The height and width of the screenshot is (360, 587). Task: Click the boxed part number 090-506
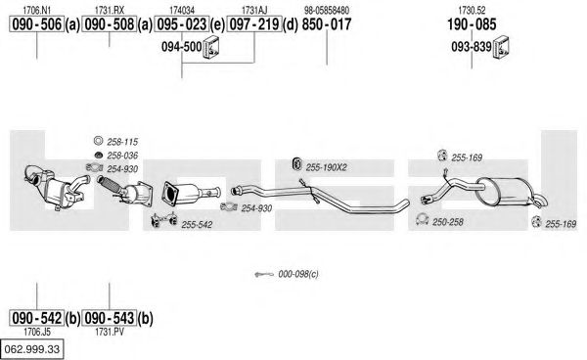[x=36, y=24]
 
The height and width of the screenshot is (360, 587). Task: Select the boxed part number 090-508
[x=109, y=24]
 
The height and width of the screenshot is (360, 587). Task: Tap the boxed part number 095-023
[x=182, y=24]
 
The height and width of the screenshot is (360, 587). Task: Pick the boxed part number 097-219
[x=254, y=24]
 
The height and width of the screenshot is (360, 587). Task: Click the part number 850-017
[x=327, y=24]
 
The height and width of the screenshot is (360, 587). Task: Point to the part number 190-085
[x=472, y=24]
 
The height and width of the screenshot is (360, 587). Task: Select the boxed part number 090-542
[x=36, y=318]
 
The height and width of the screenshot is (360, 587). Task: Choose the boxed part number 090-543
[x=109, y=318]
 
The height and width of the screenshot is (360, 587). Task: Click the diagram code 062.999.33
[x=32, y=349]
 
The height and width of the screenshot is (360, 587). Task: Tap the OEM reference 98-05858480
[x=327, y=10]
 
